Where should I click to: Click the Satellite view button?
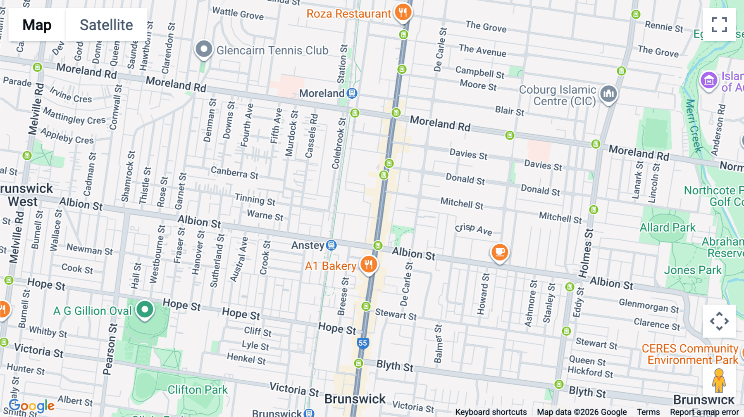(x=106, y=25)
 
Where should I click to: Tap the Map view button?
(x=37, y=25)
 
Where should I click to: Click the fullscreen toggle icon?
(x=719, y=25)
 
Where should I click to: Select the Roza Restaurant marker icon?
(x=403, y=12)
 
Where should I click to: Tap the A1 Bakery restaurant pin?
(x=368, y=264)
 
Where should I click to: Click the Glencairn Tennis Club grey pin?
(x=204, y=50)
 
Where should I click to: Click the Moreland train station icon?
(x=352, y=93)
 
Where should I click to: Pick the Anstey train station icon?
(x=331, y=245)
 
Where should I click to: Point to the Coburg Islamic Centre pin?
(x=608, y=94)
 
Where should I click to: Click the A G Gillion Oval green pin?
(x=145, y=310)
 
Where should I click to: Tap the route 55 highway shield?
(x=362, y=343)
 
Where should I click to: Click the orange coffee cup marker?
(x=499, y=252)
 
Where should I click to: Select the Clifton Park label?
(x=198, y=390)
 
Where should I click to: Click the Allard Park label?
(x=668, y=227)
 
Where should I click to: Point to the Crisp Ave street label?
(x=474, y=229)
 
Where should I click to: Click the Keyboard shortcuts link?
(x=491, y=412)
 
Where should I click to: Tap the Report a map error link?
(x=704, y=412)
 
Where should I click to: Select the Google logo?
(x=32, y=406)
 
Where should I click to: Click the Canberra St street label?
(x=234, y=173)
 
